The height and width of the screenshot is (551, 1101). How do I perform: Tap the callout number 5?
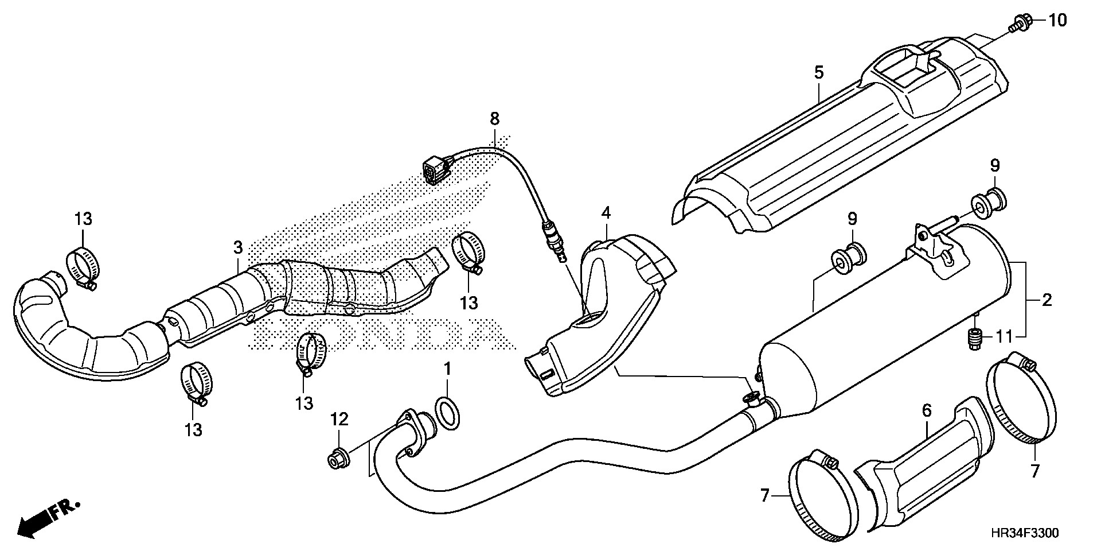click(x=819, y=73)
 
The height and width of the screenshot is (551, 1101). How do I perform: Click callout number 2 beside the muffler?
click(x=1047, y=300)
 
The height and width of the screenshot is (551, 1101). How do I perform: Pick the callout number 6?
click(x=927, y=410)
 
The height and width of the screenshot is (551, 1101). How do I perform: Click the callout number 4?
click(x=606, y=214)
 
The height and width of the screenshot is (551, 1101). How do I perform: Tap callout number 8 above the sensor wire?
click(x=494, y=119)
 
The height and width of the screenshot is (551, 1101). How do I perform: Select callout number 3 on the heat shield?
click(x=238, y=248)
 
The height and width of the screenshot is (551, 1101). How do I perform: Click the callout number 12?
click(x=339, y=420)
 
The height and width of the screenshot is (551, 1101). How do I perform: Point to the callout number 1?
click(x=447, y=368)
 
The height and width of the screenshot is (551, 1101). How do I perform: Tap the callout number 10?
click(x=1057, y=21)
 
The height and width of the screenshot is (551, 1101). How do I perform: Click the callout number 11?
click(x=1004, y=337)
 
